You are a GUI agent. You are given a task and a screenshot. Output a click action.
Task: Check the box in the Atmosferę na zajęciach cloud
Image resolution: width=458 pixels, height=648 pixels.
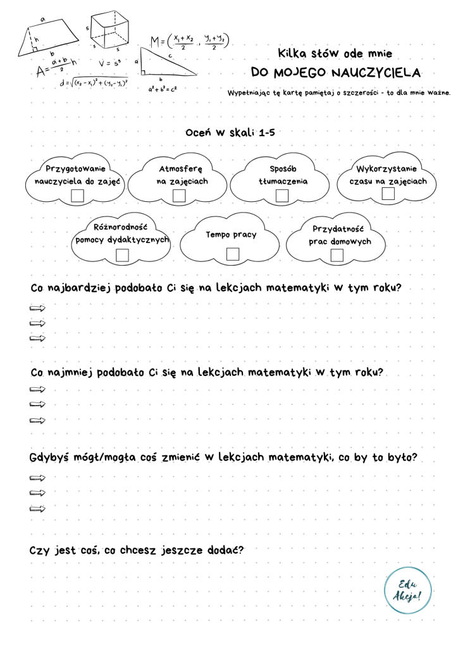(x=179, y=196)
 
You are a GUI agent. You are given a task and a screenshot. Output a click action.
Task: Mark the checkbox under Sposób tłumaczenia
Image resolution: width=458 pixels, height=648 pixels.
(x=283, y=196)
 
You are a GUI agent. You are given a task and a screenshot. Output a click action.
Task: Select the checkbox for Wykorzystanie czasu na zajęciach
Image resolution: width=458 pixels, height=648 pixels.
(x=388, y=193)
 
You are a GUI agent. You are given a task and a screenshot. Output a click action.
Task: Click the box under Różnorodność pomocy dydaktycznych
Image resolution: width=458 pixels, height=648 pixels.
(x=123, y=254)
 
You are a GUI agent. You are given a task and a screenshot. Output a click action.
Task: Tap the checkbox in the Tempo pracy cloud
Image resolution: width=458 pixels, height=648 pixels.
(x=232, y=254)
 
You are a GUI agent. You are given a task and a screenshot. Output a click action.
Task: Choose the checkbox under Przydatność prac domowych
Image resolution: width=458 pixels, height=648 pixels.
(x=337, y=255)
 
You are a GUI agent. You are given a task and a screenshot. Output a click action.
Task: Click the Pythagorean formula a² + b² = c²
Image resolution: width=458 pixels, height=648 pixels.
(x=163, y=90)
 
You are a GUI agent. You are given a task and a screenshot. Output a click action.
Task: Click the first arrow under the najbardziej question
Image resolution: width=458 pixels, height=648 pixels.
(x=38, y=308)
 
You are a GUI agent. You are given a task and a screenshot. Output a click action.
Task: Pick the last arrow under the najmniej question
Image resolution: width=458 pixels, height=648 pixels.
(x=38, y=420)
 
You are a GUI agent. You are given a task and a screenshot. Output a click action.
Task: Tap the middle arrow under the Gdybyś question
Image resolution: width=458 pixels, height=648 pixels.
(x=38, y=492)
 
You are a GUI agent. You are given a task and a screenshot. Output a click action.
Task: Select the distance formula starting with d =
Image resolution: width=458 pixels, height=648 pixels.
(x=93, y=83)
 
